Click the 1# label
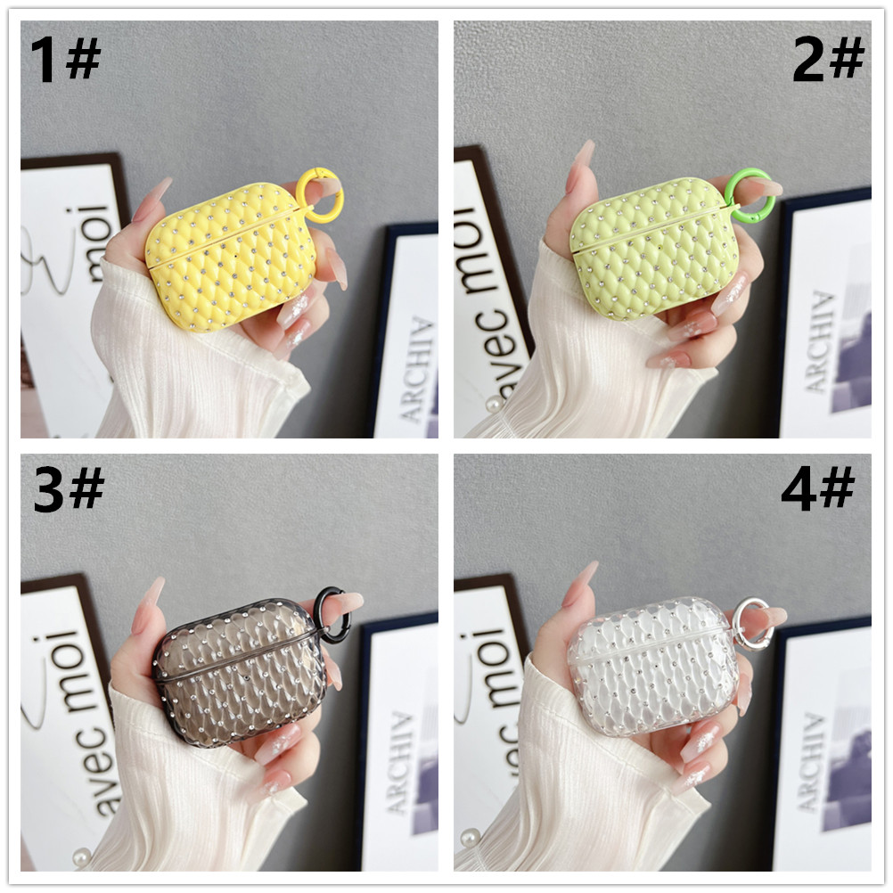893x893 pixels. coord(66,61)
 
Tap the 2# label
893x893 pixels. coord(828,61)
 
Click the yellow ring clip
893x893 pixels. coord(316,188)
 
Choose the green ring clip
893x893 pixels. coord(748,194)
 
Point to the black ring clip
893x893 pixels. coord(331,614)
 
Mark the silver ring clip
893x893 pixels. coord(751,623)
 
